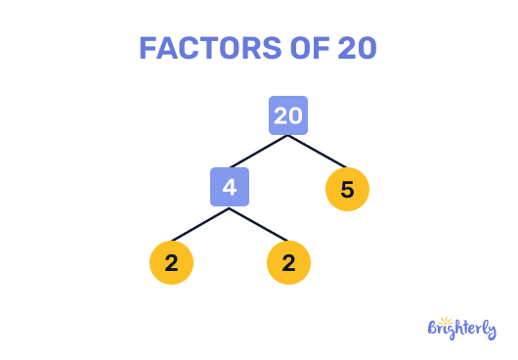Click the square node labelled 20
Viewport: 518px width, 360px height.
[x=288, y=115]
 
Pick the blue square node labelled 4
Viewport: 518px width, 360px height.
[x=230, y=187]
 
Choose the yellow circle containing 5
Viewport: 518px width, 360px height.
[x=347, y=190]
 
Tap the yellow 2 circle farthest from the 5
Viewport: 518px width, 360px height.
[x=171, y=262]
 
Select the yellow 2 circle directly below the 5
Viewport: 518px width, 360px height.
[x=288, y=262]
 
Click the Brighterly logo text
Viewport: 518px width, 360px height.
[x=463, y=331]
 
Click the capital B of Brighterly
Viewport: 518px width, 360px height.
[x=435, y=331]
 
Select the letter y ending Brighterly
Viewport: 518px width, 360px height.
[x=492, y=333]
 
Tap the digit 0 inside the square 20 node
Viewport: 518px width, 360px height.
[x=295, y=115]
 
